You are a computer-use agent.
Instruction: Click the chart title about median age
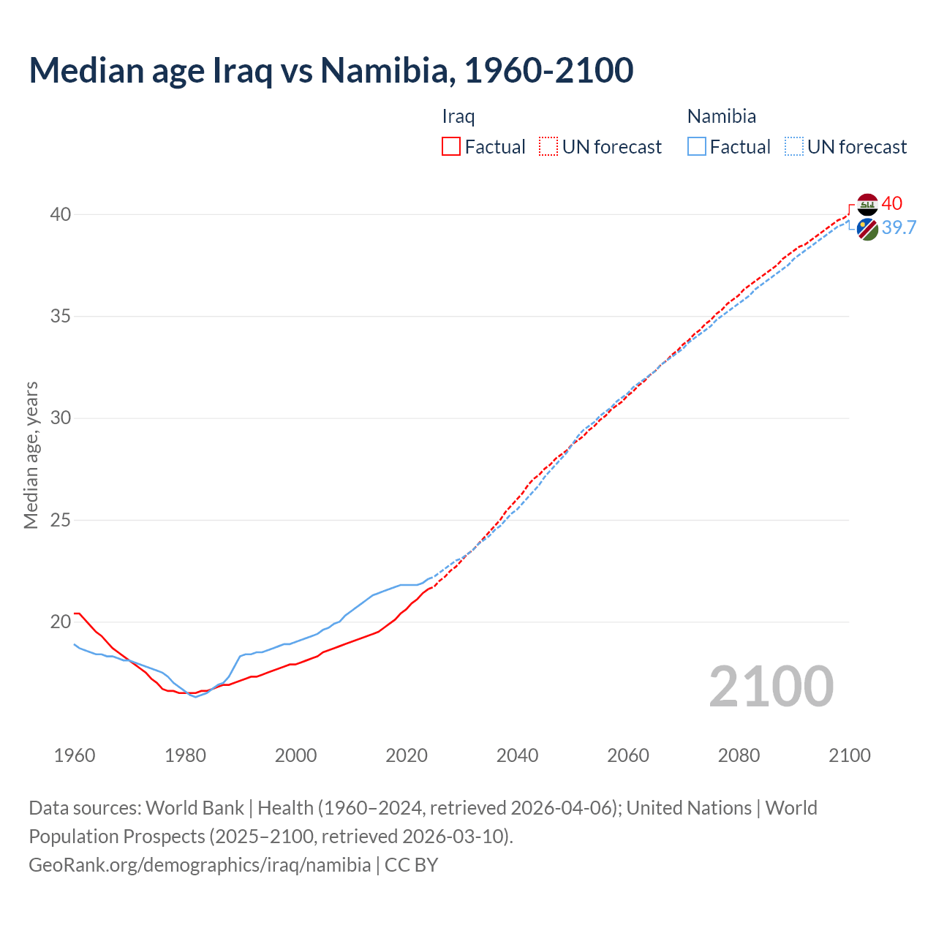tap(331, 70)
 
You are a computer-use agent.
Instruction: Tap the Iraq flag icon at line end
tap(867, 205)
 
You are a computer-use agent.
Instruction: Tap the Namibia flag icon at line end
tap(867, 229)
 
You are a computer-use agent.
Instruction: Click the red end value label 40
tap(892, 203)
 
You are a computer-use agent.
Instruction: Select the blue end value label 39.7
tap(899, 227)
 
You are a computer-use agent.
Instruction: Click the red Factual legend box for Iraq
tap(451, 147)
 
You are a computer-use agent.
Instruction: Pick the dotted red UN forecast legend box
tap(548, 147)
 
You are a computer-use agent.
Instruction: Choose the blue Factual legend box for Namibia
tap(696, 147)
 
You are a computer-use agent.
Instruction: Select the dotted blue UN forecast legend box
tap(793, 147)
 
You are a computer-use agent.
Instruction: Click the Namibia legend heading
tap(721, 116)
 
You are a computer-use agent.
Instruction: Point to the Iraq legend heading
tap(458, 116)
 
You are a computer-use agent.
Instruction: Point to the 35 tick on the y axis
tap(61, 317)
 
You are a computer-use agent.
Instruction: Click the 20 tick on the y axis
tap(61, 622)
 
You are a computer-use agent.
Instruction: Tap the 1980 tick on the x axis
tap(185, 755)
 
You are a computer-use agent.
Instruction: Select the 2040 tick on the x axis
tap(517, 755)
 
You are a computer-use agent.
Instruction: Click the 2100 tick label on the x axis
tap(849, 755)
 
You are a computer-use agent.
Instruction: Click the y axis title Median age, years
tap(31, 455)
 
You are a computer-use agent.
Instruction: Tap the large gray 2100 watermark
tap(771, 686)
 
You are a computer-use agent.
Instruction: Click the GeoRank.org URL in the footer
tap(200, 864)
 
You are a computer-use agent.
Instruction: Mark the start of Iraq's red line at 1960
tap(75, 613)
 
